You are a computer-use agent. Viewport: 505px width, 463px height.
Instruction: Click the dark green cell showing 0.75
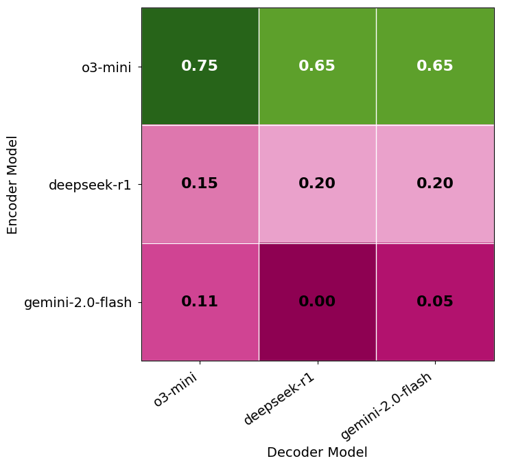point(200,66)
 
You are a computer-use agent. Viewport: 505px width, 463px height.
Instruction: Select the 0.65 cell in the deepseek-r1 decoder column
point(317,66)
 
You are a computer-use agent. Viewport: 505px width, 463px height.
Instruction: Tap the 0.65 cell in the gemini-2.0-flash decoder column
point(435,66)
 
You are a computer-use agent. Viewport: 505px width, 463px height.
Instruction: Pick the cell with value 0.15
point(200,183)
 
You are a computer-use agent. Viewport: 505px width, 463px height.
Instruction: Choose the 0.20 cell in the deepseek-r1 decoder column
point(317,183)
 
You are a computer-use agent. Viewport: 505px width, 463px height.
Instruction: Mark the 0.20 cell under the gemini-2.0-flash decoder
point(435,183)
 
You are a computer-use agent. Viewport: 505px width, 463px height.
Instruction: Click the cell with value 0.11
point(200,302)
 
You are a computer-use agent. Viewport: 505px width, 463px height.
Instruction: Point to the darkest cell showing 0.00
point(317,302)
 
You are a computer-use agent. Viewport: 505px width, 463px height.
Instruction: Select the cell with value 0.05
point(435,302)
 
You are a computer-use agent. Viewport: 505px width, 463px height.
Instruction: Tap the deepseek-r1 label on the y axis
point(90,185)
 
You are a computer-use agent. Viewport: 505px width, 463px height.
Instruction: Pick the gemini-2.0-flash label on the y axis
point(78,302)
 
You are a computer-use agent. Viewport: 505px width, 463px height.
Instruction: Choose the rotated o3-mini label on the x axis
point(176,389)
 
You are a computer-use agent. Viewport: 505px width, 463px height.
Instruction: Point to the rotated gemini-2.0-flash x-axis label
point(387,406)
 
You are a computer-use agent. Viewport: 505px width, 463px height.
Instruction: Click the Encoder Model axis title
point(12,184)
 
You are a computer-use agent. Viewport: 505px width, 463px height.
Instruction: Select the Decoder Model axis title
point(317,452)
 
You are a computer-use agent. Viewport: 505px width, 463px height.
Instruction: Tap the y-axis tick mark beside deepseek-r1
point(139,184)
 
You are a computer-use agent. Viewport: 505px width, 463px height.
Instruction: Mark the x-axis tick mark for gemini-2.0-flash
point(435,363)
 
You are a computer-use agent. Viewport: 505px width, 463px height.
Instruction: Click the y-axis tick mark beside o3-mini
point(139,67)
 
